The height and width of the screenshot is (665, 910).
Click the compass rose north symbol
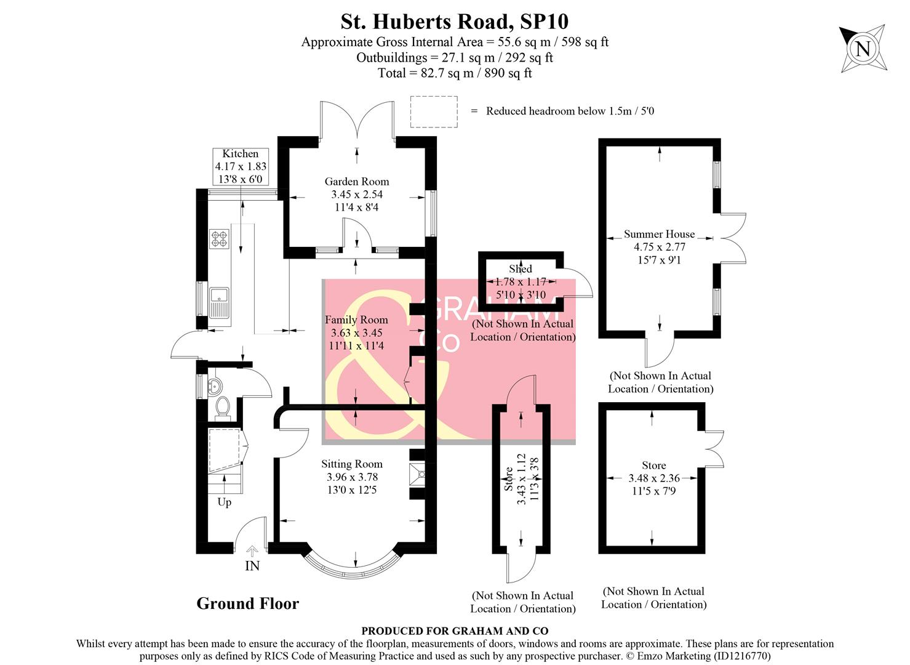863,49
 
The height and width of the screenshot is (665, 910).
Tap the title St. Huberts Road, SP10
454,22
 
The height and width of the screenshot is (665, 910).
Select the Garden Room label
357,182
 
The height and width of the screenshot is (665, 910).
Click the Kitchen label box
241,167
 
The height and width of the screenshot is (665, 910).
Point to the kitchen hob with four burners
219,239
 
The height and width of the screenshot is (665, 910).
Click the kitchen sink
219,302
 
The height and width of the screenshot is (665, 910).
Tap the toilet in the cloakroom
222,407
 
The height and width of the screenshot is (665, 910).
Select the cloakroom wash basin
215,386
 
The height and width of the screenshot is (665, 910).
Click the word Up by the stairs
224,502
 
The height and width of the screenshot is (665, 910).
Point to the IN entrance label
252,566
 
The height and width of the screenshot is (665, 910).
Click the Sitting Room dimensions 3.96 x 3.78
352,477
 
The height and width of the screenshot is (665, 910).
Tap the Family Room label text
356,320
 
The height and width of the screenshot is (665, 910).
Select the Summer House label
659,234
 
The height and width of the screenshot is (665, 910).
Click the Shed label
521,268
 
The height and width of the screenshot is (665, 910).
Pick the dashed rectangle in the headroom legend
434,111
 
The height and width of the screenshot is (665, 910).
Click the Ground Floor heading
247,603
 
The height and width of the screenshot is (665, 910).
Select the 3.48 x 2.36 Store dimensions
653,478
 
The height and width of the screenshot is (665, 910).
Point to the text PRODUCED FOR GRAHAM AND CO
455,631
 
